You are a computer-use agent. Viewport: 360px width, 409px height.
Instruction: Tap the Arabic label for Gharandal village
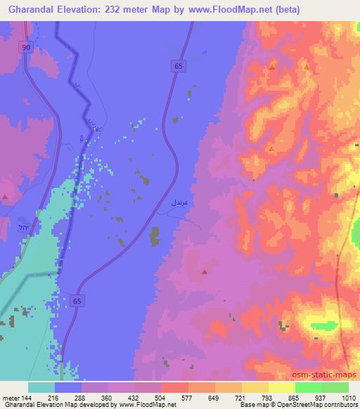179,202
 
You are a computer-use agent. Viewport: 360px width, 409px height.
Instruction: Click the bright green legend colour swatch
308,387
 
